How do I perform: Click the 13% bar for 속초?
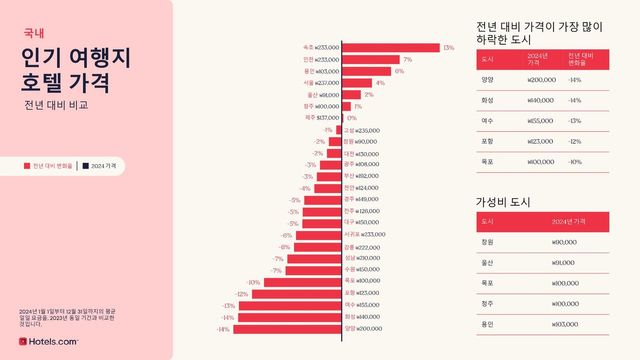391,47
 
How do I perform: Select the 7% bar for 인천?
371,59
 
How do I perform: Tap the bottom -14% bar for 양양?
289,328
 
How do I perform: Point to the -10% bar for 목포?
303,281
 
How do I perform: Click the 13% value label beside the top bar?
449,47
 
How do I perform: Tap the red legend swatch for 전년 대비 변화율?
27,166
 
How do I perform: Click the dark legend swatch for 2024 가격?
86,166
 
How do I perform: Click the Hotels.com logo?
49,341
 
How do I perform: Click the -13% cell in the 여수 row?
575,120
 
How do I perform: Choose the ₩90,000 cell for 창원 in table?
566,241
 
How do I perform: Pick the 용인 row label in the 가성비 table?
488,323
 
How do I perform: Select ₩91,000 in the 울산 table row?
566,262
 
